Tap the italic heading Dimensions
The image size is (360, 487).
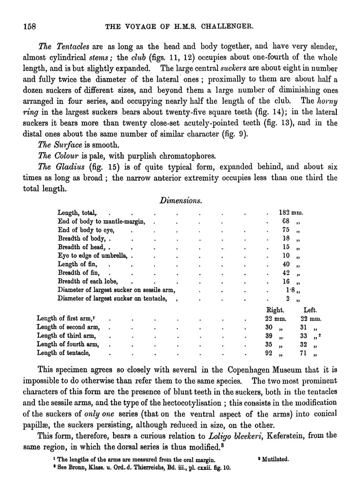tap(180, 200)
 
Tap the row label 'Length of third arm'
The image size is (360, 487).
tap(66, 336)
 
